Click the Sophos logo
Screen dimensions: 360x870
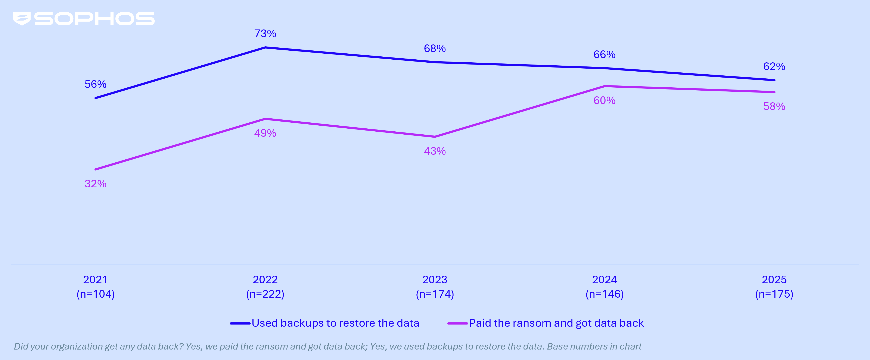tap(84, 19)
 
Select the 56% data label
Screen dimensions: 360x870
tap(95, 84)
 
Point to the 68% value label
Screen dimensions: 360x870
tap(435, 49)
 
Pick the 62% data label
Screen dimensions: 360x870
tap(774, 66)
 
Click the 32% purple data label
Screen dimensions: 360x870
tap(95, 184)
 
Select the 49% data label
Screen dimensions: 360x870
tap(265, 133)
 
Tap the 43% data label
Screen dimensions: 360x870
tap(435, 151)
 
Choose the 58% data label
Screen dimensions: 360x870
tap(774, 107)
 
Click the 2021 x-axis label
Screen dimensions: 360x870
tap(95, 280)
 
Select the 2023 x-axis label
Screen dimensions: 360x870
tap(435, 280)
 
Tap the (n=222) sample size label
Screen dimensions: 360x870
tap(265, 294)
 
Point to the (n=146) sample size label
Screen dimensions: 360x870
tap(604, 294)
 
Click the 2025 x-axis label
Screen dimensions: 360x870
tap(774, 280)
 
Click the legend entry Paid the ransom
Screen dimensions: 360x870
tap(556, 323)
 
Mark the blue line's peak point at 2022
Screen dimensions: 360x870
tap(265, 48)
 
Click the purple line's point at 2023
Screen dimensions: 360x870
tap(435, 137)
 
